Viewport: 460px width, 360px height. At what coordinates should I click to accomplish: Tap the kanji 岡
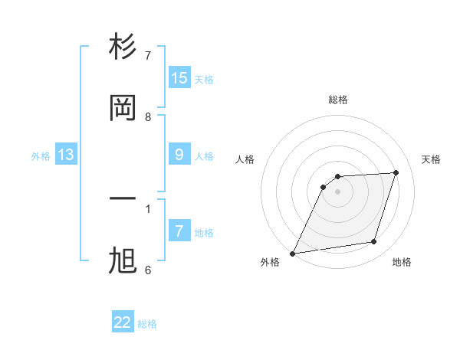point(123,108)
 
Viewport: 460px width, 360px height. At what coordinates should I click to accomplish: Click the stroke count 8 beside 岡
point(148,116)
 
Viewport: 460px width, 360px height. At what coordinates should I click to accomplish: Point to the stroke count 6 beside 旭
point(148,270)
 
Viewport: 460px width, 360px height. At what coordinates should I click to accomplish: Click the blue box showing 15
point(179,77)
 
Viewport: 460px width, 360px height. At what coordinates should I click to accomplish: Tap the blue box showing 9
point(179,155)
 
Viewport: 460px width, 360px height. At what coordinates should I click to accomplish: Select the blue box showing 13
point(66,155)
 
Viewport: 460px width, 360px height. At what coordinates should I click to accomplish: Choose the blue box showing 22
point(123,322)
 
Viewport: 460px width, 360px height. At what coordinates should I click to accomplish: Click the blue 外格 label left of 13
point(41,155)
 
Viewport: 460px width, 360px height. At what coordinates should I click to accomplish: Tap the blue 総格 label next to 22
point(147,324)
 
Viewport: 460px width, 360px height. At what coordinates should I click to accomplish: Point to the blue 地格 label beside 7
point(204,232)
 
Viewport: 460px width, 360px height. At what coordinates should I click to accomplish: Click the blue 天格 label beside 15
point(204,79)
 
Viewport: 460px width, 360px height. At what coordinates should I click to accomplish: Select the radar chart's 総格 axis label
point(337,100)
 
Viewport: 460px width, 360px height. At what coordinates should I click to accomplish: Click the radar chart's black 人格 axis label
point(245,159)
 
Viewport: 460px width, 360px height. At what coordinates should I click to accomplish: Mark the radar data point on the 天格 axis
point(396,172)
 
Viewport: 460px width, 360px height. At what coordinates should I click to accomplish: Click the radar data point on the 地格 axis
point(374,242)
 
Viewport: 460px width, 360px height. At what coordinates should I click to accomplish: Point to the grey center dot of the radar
point(337,191)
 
